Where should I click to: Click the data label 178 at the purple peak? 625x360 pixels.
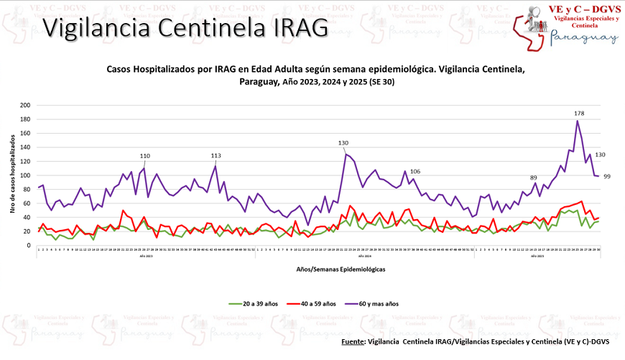tap(579, 114)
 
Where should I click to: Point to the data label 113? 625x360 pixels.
tap(216, 156)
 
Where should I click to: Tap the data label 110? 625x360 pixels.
tap(144, 156)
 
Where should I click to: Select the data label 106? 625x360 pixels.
tap(415, 171)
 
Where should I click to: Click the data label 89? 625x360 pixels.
tap(534, 177)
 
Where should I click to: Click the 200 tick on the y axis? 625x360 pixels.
tap(25, 105)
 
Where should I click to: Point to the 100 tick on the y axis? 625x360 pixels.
tap(25, 175)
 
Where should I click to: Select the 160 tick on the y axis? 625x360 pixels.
tap(25, 133)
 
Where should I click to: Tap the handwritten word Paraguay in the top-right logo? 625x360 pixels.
tap(583, 39)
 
